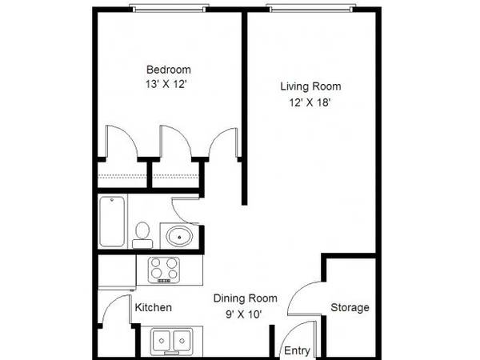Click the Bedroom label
pos(169,70)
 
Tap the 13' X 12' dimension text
pos(166,84)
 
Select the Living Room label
pos(310,86)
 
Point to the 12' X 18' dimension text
pos(310,102)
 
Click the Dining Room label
pos(246,298)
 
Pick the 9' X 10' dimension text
pos(244,314)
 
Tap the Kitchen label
pos(154,308)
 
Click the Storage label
pos(350,308)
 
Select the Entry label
pos(297,350)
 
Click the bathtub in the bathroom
pos(112,222)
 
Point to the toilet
pos(142,235)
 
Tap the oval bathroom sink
pos(179,236)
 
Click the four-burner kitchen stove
pos(164,270)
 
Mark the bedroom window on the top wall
pos(170,9)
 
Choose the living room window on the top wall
pos(311,9)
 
